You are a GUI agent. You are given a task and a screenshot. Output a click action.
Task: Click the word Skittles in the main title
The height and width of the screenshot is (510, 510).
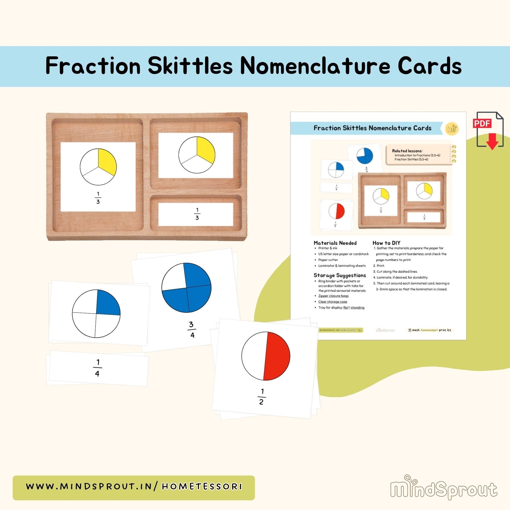(190, 66)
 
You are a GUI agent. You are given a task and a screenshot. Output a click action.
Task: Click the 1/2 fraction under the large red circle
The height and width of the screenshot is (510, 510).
(261, 397)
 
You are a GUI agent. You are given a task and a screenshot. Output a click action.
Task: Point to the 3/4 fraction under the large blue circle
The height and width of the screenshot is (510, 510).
(192, 330)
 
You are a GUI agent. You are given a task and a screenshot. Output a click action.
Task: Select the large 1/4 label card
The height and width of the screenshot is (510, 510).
(98, 368)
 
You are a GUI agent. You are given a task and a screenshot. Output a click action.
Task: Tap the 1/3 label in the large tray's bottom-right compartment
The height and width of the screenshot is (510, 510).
(197, 214)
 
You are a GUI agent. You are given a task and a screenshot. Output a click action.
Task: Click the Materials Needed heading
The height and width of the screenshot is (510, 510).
(335, 243)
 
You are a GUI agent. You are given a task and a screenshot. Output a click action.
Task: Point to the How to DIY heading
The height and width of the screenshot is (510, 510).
(386, 243)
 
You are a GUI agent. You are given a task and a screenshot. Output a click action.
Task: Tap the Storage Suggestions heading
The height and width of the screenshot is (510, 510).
(339, 275)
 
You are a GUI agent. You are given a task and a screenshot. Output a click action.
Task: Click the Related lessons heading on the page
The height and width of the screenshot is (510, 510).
(407, 151)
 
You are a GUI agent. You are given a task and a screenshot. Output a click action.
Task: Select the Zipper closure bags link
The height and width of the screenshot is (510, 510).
(333, 296)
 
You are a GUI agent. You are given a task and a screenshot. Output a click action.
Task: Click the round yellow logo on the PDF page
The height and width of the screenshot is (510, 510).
(452, 129)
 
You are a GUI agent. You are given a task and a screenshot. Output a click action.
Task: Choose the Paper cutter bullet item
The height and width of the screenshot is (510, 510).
(328, 260)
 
